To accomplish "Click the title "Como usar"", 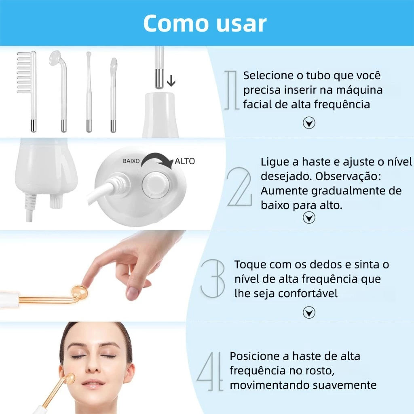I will (x=205, y=23).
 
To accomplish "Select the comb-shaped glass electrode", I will (x=27, y=73).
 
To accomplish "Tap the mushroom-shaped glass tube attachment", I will (x=57, y=61).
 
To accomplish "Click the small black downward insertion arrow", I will (x=171, y=81).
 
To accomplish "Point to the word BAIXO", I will (x=131, y=161).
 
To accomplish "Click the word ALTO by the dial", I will (x=185, y=161).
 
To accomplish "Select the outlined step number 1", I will (x=232, y=89).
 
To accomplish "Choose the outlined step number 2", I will (x=239, y=187).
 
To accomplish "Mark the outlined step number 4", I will (x=211, y=371).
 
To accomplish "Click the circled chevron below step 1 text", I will (x=309, y=123).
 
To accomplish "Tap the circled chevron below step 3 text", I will (x=309, y=312).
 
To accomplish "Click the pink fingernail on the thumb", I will (x=132, y=293).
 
